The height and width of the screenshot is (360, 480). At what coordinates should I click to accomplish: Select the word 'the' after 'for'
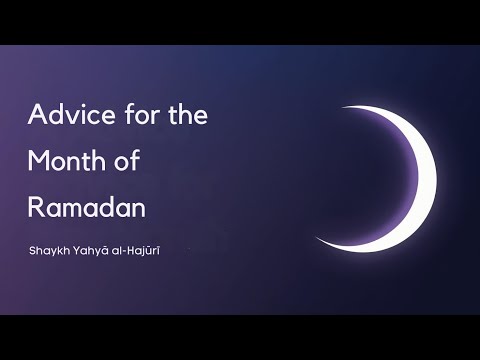coord(184,114)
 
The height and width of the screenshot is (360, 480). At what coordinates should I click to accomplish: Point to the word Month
coord(65,160)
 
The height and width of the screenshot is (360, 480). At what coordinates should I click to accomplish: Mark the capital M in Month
coord(37,160)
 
